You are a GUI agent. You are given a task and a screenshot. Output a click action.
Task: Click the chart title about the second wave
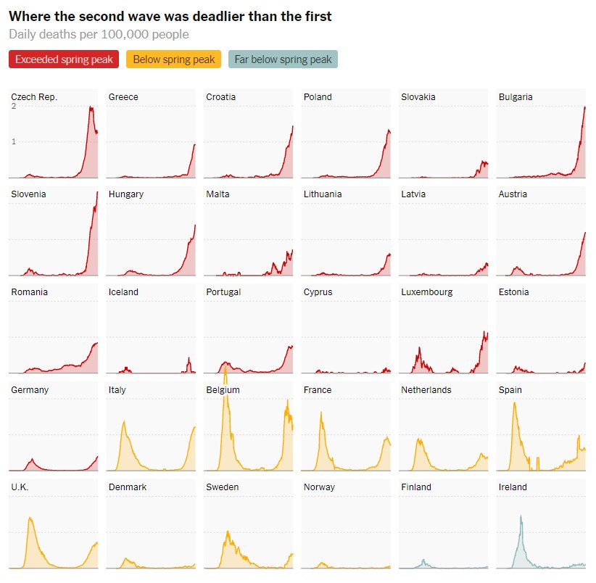click(x=170, y=16)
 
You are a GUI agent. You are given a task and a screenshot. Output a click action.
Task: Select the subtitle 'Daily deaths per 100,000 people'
click(x=99, y=34)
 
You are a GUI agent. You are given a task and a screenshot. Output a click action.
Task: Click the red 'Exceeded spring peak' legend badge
click(x=64, y=59)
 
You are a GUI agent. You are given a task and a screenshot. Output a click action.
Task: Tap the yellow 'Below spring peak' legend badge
click(x=174, y=59)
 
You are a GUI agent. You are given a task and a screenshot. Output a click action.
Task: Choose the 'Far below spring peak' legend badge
click(x=283, y=59)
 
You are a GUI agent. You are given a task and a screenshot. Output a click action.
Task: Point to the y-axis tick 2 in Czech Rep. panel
click(x=14, y=107)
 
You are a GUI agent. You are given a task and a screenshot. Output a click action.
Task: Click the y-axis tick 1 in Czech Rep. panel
click(x=14, y=141)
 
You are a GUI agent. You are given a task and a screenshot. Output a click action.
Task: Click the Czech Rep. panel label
click(x=34, y=97)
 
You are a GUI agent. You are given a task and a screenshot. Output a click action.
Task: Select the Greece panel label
click(x=123, y=97)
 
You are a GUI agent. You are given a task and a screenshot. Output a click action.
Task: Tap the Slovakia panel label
click(x=418, y=97)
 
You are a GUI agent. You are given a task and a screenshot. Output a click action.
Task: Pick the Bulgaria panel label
click(x=516, y=97)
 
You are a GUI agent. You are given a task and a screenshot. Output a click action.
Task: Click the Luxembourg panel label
click(x=427, y=292)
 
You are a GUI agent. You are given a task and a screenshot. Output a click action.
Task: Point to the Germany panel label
click(x=30, y=390)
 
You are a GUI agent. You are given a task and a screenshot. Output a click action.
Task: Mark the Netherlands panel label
click(x=426, y=390)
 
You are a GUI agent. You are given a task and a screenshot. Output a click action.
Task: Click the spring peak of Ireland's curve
click(x=521, y=516)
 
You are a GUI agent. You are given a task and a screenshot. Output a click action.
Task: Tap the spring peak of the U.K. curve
click(x=30, y=517)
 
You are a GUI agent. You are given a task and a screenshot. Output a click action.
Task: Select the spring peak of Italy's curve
click(x=124, y=421)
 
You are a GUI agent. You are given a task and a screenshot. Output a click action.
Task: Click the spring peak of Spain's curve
click(x=515, y=402)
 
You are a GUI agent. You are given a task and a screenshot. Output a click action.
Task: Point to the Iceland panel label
click(x=123, y=292)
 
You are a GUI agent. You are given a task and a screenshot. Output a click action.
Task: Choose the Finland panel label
click(x=416, y=487)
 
